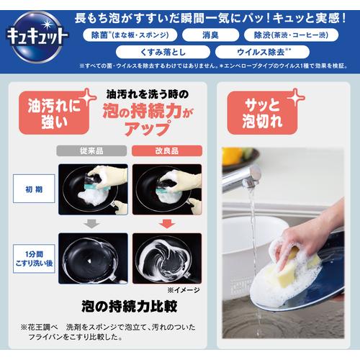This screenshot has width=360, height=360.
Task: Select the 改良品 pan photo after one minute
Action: [x=166, y=257]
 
